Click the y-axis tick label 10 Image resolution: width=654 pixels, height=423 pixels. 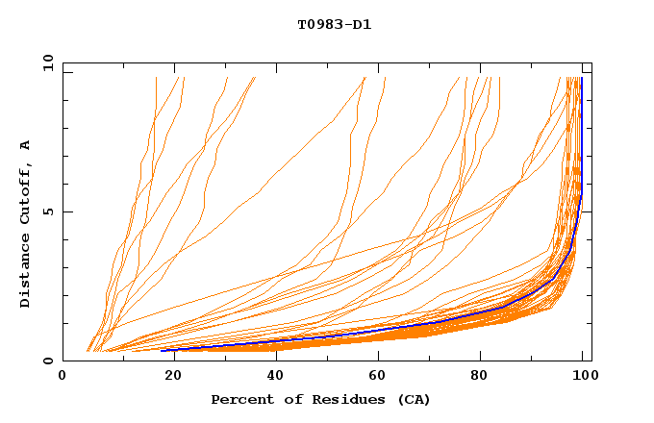click(47, 62)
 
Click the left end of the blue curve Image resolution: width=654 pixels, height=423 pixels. click(162, 350)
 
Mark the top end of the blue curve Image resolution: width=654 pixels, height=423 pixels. click(582, 78)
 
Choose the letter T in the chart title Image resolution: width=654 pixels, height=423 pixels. click(301, 25)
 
